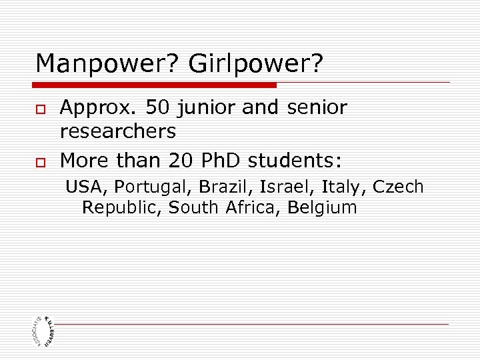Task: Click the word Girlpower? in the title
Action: (x=256, y=64)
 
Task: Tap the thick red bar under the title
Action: (x=155, y=85)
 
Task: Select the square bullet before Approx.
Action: (x=40, y=109)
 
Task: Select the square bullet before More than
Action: (x=40, y=161)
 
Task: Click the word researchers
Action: (x=118, y=131)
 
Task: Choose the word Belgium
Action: (x=322, y=208)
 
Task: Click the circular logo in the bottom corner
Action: (x=43, y=329)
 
